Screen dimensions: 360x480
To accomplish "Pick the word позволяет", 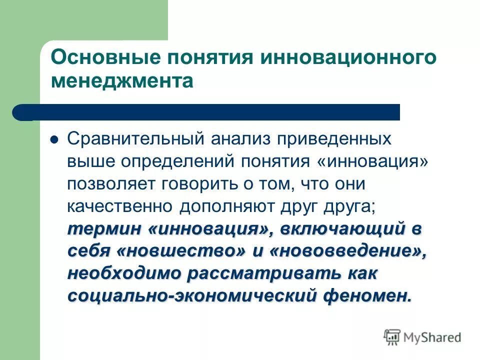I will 111,184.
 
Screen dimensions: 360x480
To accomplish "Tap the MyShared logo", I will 423,337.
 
